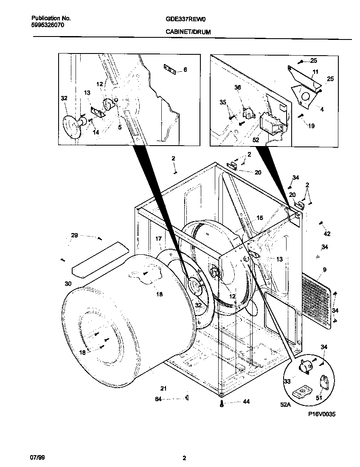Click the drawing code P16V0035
point(322,414)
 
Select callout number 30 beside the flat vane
point(68,284)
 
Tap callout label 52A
point(285,405)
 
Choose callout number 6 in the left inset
point(185,70)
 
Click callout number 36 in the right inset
point(237,87)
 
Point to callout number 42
point(327,233)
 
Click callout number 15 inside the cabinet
point(259,218)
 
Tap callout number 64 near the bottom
point(158,399)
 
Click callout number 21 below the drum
point(163,388)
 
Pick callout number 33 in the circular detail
point(287,382)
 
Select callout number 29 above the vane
point(74,236)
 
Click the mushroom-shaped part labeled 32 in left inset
point(71,126)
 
